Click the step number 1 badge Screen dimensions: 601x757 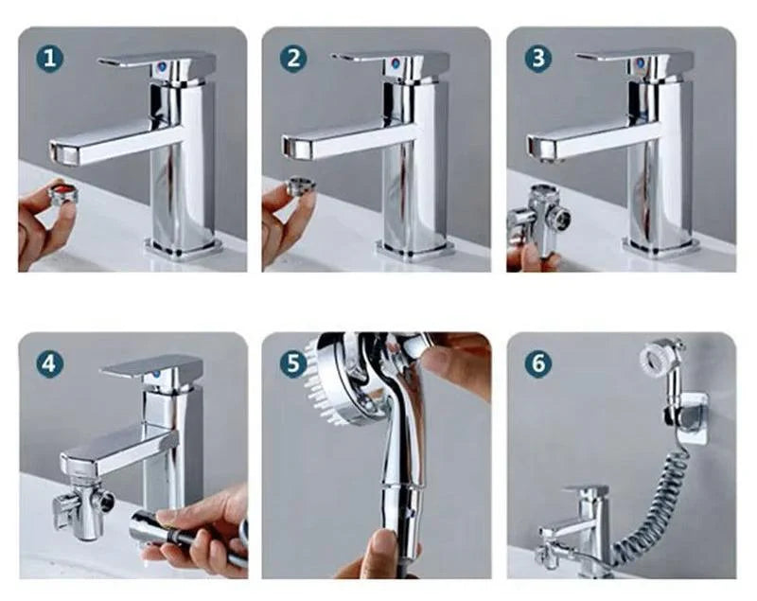tap(50, 59)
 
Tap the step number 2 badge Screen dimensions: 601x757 tap(293, 59)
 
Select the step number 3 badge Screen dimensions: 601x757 tap(538, 59)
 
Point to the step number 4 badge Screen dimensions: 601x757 tap(50, 363)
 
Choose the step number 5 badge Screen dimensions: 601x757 tap(293, 363)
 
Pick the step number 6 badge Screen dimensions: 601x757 tap(538, 363)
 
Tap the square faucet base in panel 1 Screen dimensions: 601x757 tap(185, 248)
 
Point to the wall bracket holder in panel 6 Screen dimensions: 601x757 tap(690, 416)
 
